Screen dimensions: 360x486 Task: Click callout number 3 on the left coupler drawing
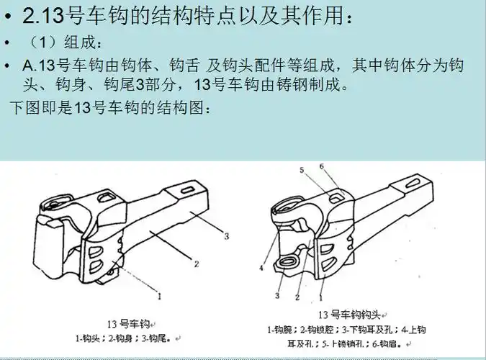pos(226,235)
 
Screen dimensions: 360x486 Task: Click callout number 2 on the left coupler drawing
pos(196,263)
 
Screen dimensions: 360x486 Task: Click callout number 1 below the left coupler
pos(160,295)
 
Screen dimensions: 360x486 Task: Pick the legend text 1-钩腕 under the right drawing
pos(280,330)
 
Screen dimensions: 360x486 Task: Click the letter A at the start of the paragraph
pos(28,66)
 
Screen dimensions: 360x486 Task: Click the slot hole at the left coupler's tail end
pos(182,194)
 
